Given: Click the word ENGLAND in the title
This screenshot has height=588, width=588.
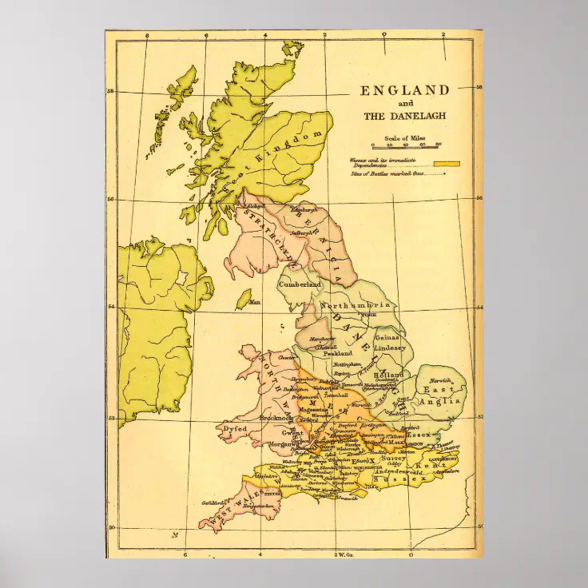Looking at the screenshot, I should pos(405,90).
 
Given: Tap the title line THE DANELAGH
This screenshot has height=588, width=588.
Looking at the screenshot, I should pos(405,116).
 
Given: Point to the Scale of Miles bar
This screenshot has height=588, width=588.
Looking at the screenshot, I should pos(407,145).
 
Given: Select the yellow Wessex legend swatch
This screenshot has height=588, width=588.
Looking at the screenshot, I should pos(451,163).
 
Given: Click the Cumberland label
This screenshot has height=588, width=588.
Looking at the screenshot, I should pos(300,284).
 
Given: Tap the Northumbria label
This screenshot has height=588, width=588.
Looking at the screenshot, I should pos(356,306).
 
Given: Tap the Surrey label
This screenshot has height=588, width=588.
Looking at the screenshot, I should pos(393,460).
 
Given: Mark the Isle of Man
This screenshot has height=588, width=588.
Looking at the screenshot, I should pos(244,300).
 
